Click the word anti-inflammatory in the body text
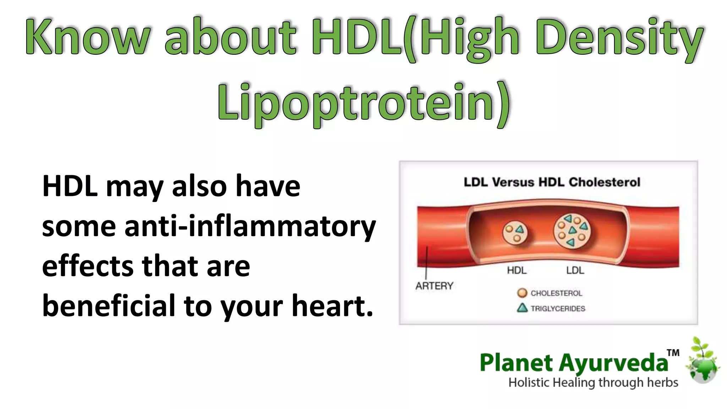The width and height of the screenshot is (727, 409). click(x=250, y=226)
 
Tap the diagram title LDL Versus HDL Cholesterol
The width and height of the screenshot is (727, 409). click(x=552, y=182)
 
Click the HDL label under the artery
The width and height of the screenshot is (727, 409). click(x=516, y=271)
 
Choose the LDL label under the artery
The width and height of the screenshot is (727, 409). click(x=575, y=271)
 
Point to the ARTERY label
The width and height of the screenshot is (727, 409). click(x=434, y=286)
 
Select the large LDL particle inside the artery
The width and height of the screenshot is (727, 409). click(x=572, y=231)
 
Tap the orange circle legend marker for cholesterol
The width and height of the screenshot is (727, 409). click(x=522, y=293)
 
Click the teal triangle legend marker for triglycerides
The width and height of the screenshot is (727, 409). click(x=522, y=308)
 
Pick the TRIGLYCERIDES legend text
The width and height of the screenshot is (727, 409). click(x=558, y=309)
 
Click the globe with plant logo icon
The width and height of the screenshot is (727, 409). click(x=703, y=362)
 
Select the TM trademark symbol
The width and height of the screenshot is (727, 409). click(x=673, y=353)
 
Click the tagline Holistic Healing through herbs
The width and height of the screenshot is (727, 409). click(x=593, y=383)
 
